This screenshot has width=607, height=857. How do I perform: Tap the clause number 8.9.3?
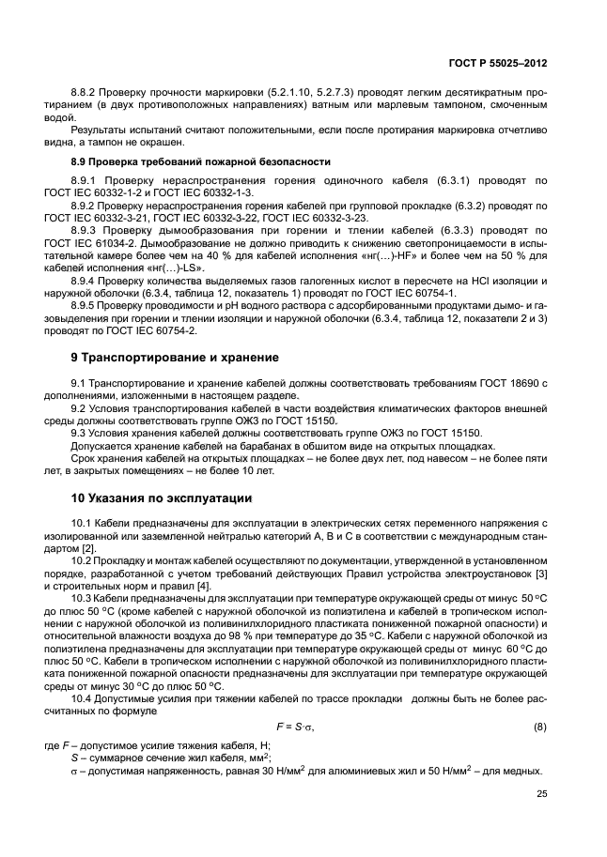[87, 228]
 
